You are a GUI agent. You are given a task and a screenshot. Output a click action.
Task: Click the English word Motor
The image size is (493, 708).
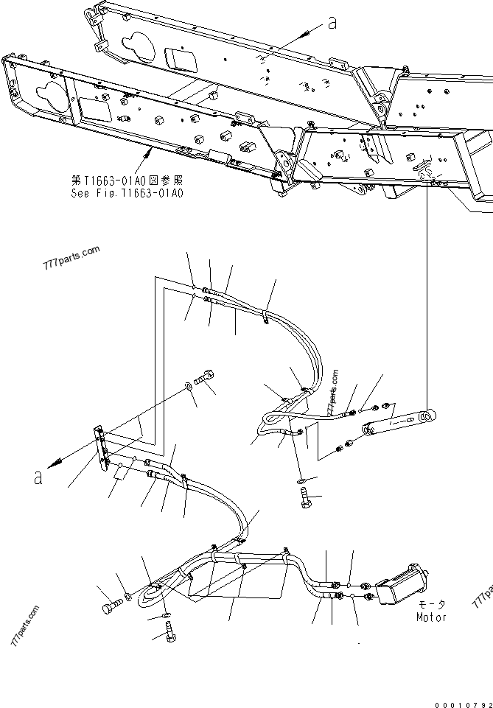(430, 617)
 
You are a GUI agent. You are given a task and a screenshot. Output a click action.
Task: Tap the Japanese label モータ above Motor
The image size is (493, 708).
(432, 603)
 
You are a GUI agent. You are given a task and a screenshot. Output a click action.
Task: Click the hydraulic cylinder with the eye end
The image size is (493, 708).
(397, 424)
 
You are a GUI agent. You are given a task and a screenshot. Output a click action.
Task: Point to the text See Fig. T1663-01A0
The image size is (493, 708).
(127, 193)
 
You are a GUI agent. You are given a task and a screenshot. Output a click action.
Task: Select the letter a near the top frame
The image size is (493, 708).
(332, 24)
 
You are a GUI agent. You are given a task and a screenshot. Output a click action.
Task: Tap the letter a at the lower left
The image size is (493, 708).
(38, 477)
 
